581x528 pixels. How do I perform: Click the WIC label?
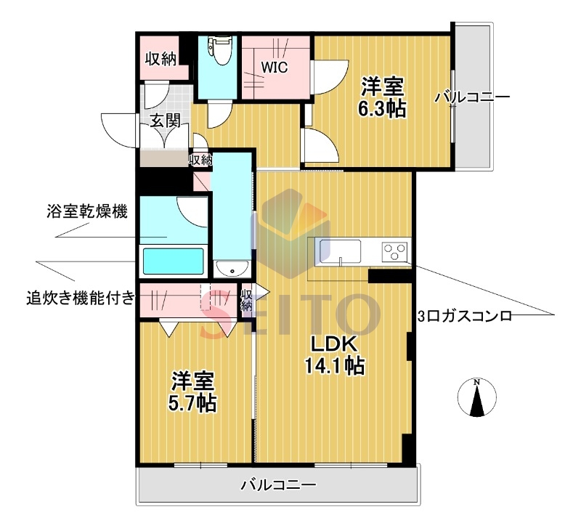pos(275,68)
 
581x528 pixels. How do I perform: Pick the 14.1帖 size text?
pos(334,365)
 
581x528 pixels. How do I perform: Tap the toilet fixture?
pos(218,51)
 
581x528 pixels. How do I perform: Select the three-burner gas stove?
pos(396,252)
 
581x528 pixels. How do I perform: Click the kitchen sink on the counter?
pos(338,251)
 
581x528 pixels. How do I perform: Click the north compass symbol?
pos(476,399)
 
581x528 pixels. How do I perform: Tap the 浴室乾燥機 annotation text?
pos(85,213)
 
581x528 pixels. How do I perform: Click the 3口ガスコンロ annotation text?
pos(466,316)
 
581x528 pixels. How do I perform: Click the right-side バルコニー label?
pos(473,97)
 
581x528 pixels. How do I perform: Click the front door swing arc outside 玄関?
pos(116,131)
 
